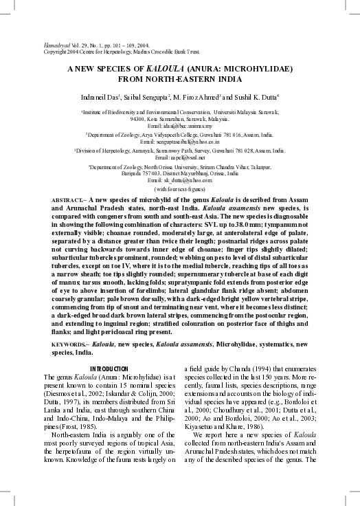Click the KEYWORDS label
coord(69,343)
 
